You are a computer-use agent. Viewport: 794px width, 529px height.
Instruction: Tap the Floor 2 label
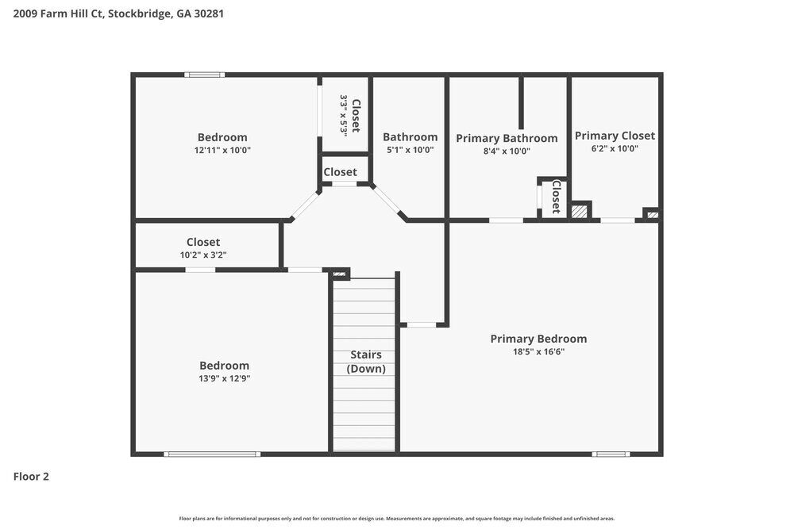(31, 477)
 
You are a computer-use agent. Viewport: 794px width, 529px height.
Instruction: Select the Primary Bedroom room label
(538, 339)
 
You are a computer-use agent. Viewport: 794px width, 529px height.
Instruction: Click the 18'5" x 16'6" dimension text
(538, 351)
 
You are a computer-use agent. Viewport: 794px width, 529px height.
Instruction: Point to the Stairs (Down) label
(366, 362)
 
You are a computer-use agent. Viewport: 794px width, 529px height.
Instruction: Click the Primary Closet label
(615, 136)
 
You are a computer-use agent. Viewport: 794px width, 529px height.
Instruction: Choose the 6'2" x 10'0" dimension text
(615, 148)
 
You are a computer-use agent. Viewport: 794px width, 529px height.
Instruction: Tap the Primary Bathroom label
(507, 138)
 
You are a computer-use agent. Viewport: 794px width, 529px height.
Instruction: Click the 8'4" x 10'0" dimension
(507, 151)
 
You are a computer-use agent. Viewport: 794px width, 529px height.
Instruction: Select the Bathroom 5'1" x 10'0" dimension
(410, 150)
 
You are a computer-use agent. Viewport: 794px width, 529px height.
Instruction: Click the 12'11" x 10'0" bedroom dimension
(222, 150)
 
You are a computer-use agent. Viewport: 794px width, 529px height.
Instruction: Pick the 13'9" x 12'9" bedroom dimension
(224, 378)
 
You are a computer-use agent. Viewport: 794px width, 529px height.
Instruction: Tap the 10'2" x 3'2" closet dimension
(203, 255)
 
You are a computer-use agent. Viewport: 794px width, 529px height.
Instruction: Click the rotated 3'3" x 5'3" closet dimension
(344, 116)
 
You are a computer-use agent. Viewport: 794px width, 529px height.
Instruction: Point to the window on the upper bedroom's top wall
(204, 75)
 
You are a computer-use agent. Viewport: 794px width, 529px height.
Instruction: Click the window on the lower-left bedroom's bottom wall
(212, 454)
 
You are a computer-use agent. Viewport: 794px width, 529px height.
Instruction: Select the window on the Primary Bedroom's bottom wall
(611, 454)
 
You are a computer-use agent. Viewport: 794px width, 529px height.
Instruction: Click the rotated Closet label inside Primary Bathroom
(556, 197)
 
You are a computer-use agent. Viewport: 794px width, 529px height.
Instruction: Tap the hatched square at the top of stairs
(340, 274)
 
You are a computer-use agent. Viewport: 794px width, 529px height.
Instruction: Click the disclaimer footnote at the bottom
(397, 518)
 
